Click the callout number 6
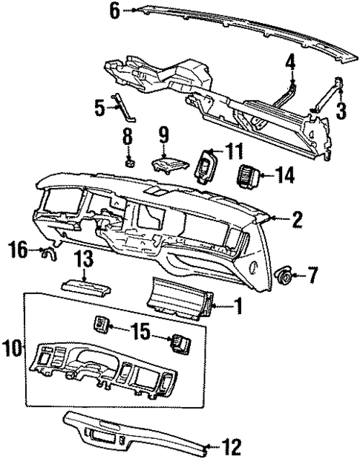114,10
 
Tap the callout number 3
341,112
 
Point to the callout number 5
99,108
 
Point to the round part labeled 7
282,276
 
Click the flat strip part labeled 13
83,284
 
